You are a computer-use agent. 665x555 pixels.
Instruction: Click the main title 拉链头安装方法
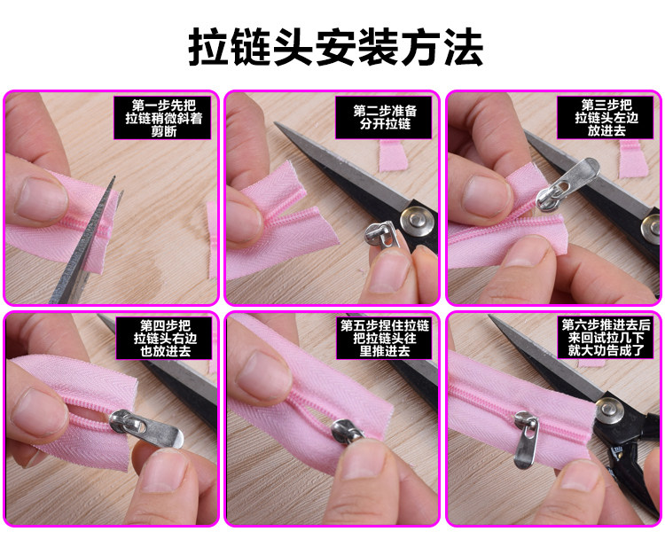(335, 47)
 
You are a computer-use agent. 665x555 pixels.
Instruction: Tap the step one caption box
(162, 117)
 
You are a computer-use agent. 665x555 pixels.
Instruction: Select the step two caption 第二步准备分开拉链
(384, 117)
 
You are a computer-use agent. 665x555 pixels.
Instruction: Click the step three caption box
(606, 117)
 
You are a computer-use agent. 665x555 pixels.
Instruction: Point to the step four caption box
(164, 339)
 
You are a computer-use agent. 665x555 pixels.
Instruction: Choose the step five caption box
(385, 339)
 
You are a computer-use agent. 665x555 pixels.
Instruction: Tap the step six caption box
(606, 338)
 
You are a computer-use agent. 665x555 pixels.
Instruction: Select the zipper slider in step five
(347, 431)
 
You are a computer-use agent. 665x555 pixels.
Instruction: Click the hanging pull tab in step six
(526, 441)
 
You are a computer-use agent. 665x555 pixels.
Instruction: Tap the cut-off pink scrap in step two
(393, 156)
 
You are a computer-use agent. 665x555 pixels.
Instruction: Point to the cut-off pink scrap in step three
(632, 159)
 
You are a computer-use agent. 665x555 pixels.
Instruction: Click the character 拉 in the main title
(207, 47)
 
